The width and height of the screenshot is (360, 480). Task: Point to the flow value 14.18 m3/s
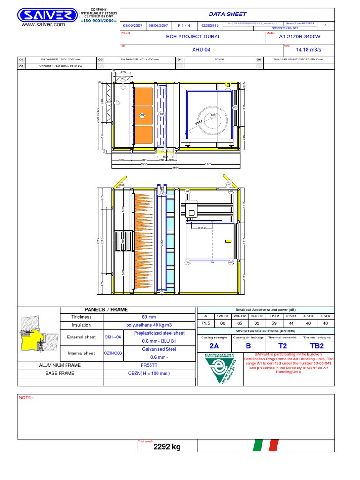(308, 49)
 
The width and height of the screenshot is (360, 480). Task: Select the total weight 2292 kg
(167, 447)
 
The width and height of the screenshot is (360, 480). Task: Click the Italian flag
(266, 445)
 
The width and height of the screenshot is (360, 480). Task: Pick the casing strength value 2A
(214, 345)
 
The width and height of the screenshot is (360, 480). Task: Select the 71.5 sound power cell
(205, 323)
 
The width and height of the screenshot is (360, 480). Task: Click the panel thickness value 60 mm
(149, 317)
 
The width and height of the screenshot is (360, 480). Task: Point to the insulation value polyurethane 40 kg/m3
(149, 325)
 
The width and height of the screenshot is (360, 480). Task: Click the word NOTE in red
(26, 397)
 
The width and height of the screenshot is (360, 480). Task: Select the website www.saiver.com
(43, 24)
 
